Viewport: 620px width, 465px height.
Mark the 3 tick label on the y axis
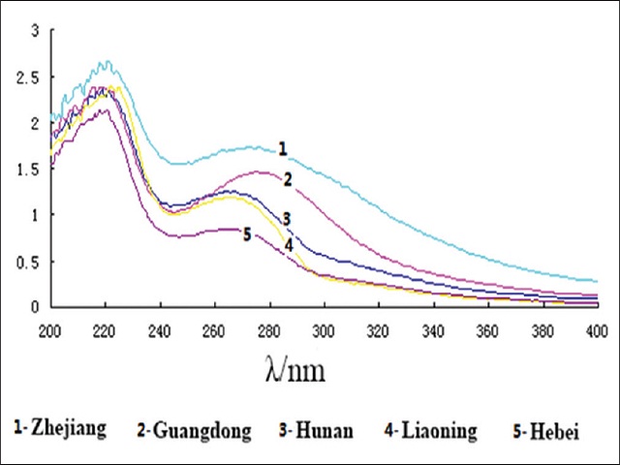[36, 31]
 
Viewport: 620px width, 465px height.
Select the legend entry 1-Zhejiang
[60, 427]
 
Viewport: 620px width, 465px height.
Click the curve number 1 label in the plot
[282, 149]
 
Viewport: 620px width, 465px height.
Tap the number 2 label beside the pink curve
[288, 179]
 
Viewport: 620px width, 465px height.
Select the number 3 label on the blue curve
[286, 217]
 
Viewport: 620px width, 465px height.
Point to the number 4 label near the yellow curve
[288, 244]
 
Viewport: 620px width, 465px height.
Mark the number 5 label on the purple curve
[247, 233]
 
